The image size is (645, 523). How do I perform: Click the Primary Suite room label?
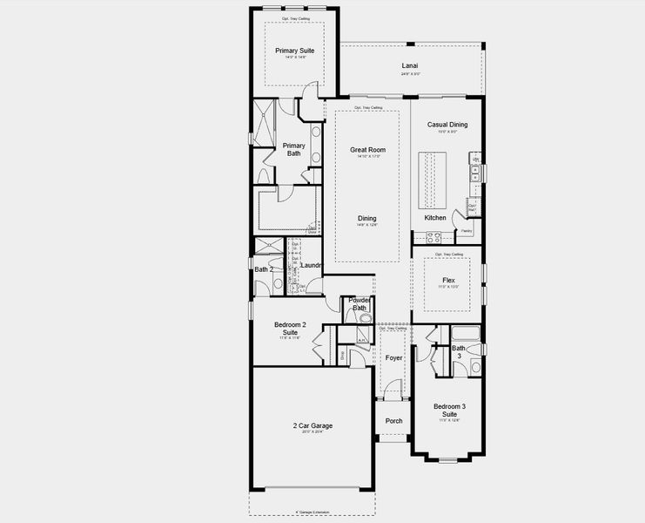[x=294, y=51]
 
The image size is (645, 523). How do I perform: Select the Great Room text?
[x=367, y=150]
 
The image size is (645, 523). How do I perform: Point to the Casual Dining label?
[x=447, y=125]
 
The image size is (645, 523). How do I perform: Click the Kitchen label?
[x=435, y=217]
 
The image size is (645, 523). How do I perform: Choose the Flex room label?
[x=447, y=281]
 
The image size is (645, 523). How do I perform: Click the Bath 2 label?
[x=264, y=270]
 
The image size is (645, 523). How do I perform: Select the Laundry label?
[x=312, y=265]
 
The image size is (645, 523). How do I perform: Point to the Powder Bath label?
[x=359, y=303]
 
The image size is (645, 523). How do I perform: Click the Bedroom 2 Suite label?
[x=290, y=329]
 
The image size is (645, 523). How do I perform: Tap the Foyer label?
[x=393, y=358]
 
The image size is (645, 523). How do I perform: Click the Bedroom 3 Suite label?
[x=450, y=410]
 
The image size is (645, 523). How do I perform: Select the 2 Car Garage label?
[x=312, y=426]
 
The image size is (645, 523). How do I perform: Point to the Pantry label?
[x=467, y=231]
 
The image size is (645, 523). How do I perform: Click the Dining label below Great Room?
[x=366, y=218]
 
